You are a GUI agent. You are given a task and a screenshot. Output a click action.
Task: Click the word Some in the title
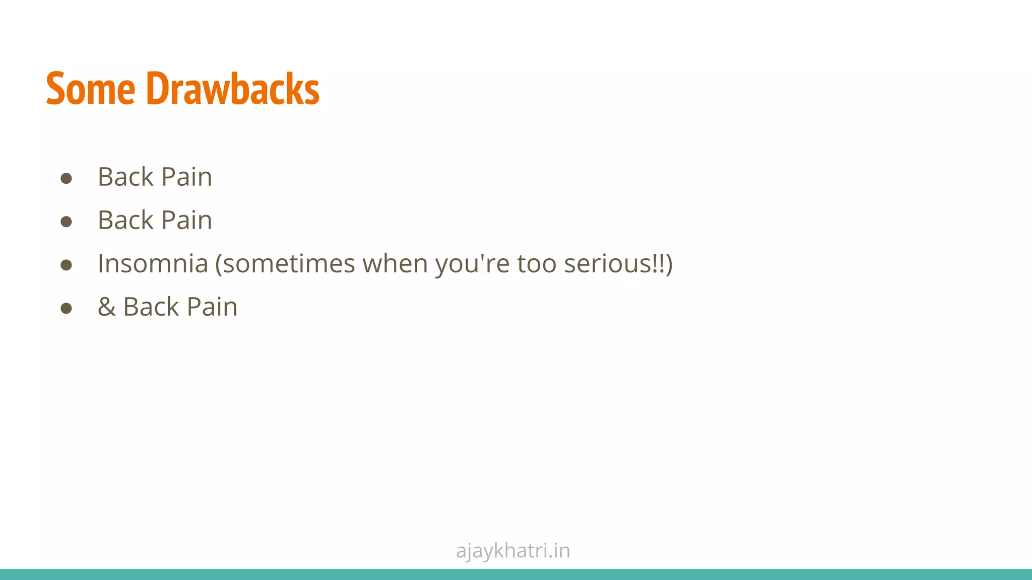pyautogui.click(x=91, y=89)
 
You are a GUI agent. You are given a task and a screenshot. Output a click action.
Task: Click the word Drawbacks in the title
pyautogui.click(x=233, y=89)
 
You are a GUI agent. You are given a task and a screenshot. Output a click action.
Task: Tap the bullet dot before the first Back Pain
pyautogui.click(x=66, y=178)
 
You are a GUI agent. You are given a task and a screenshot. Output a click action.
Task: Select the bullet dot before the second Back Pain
pyautogui.click(x=66, y=222)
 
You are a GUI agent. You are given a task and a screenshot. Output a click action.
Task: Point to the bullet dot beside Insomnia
pyautogui.click(x=66, y=265)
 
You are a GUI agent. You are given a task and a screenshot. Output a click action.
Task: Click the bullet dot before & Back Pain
pyautogui.click(x=66, y=308)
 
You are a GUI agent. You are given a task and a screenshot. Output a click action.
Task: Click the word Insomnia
pyautogui.click(x=153, y=263)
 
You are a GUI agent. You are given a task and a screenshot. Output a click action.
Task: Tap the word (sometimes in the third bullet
pyautogui.click(x=285, y=263)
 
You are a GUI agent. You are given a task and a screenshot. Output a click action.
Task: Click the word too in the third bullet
pyautogui.click(x=536, y=263)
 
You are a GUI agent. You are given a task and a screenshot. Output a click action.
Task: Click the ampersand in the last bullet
pyautogui.click(x=106, y=307)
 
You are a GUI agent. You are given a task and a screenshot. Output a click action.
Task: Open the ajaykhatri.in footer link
pyautogui.click(x=513, y=551)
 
